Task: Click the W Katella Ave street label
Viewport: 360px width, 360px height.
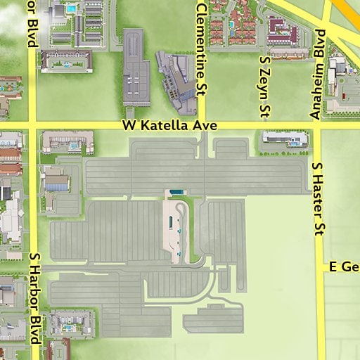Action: tap(168, 126)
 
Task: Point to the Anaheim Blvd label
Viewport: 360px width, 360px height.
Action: tap(316, 74)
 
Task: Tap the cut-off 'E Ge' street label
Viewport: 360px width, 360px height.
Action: tap(344, 267)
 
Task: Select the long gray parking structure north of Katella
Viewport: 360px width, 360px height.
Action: tap(136, 67)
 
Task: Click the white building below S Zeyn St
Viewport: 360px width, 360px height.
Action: tap(285, 139)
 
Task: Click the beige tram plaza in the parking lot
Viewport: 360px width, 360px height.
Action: tap(175, 232)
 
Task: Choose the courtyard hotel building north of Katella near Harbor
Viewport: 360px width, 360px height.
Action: tap(67, 60)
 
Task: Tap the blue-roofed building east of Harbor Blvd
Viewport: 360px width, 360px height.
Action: tap(56, 183)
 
